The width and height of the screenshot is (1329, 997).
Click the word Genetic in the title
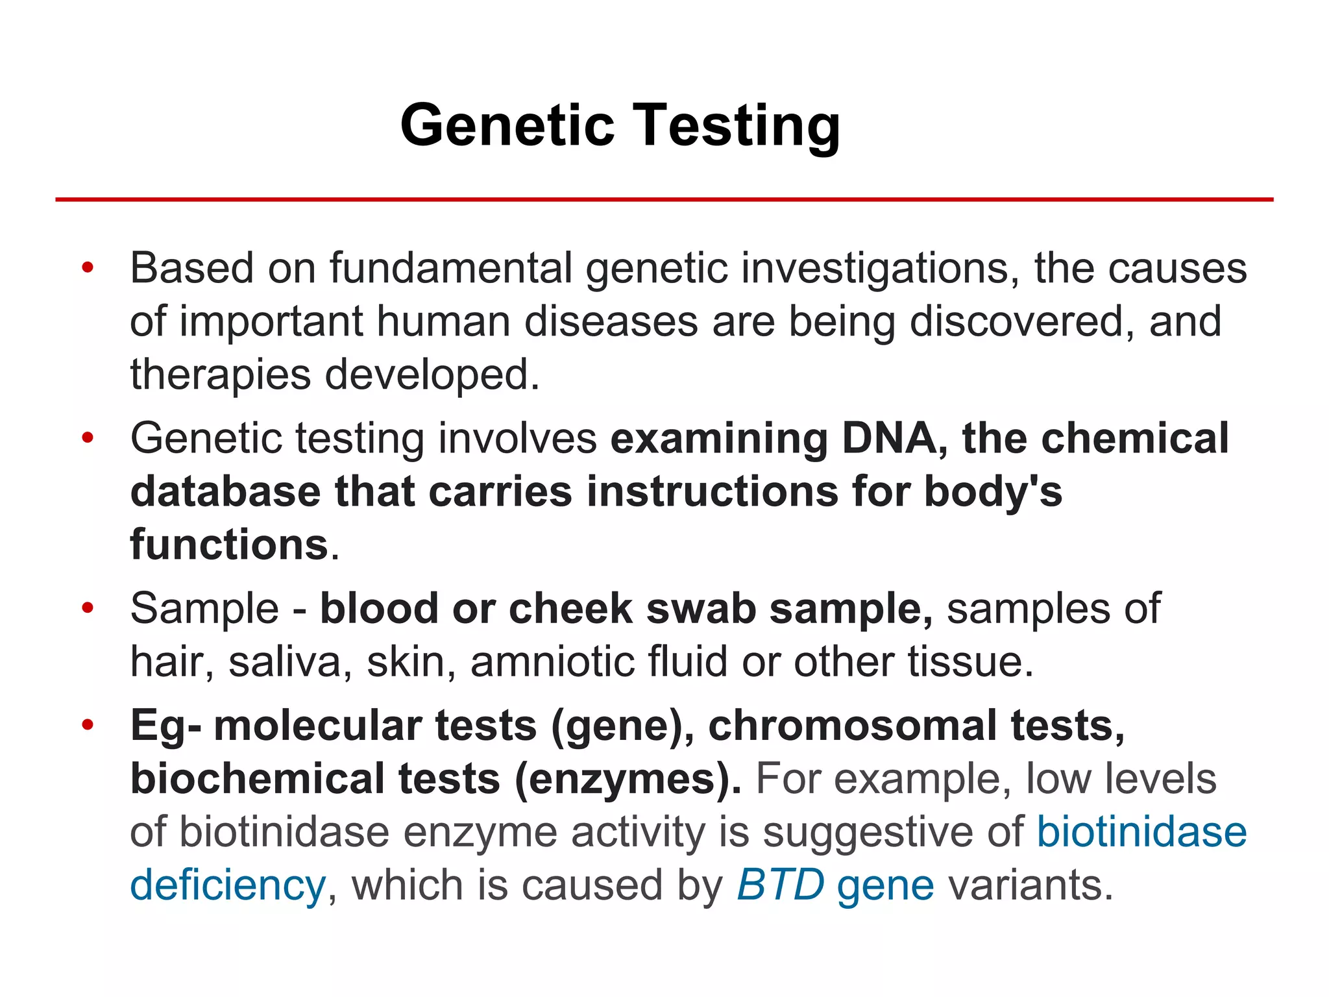[x=507, y=125]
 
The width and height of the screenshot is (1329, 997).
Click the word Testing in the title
[x=736, y=125]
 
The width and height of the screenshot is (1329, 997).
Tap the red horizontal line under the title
[x=664, y=199]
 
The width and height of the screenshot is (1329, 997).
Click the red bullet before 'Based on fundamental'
[x=88, y=267]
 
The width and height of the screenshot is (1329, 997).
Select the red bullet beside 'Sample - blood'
[x=88, y=608]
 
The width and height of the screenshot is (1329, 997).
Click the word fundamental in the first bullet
[x=450, y=268]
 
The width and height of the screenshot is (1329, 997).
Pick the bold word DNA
[x=888, y=438]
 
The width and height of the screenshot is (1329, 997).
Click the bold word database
[x=225, y=491]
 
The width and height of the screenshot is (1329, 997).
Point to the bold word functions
[x=229, y=545]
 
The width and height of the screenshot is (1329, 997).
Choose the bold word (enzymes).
[x=628, y=779]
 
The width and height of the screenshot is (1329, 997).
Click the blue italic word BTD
[x=781, y=885]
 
